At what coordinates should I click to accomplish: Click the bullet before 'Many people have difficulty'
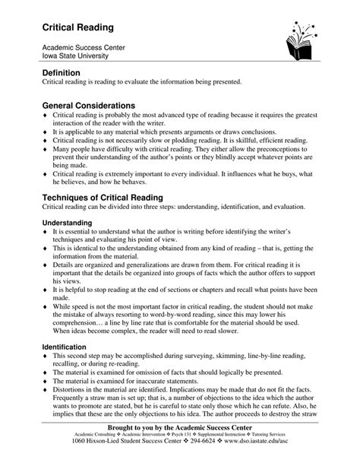click(45, 152)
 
